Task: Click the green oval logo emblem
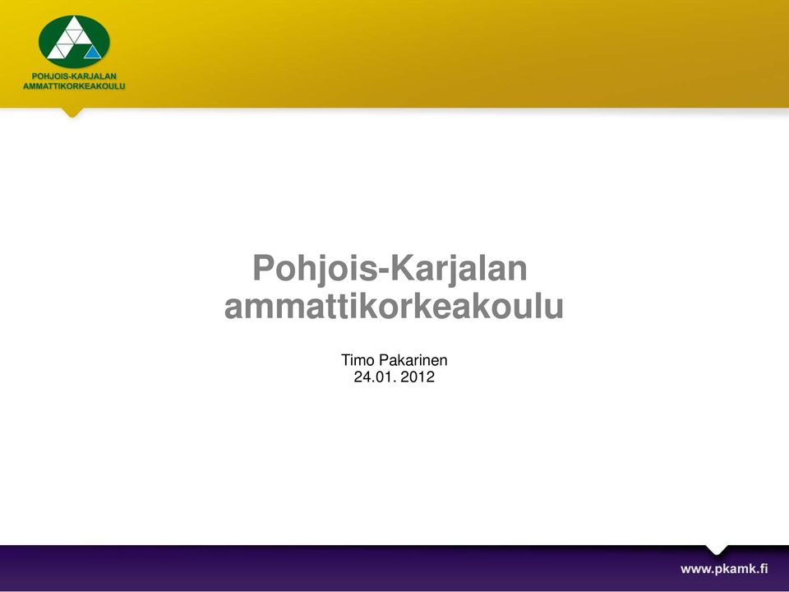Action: click(x=74, y=41)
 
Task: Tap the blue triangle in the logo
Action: click(x=93, y=53)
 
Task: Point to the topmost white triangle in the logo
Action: click(x=74, y=24)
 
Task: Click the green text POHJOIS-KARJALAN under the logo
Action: click(x=74, y=76)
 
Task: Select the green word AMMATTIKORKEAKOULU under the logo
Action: click(x=74, y=86)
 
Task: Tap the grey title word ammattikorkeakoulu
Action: click(x=394, y=306)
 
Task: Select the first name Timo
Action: click(x=358, y=360)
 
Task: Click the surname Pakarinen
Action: click(x=413, y=360)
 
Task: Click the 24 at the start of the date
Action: click(x=362, y=377)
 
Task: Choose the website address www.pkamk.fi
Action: click(x=724, y=569)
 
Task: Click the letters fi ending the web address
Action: click(x=763, y=568)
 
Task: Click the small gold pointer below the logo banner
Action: click(x=72, y=113)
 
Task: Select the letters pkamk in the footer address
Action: click(x=734, y=569)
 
